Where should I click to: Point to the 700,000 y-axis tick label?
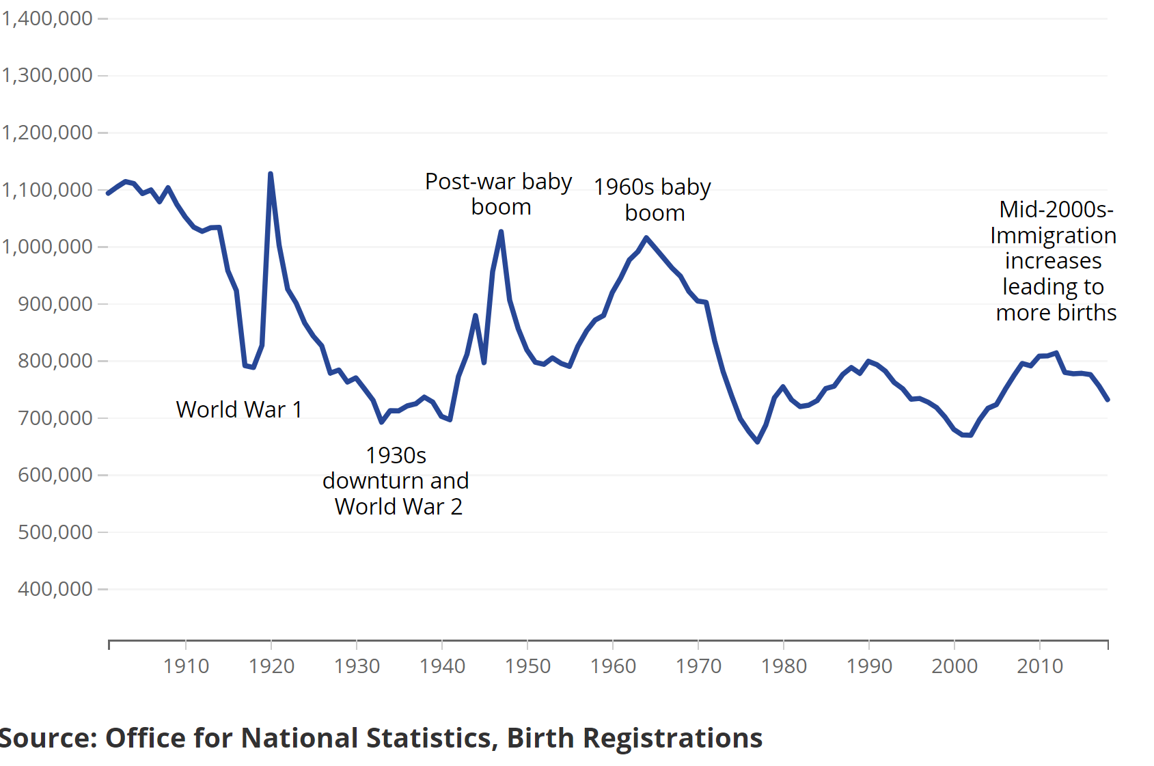[x=55, y=418]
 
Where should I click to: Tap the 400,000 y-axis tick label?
[x=55, y=588]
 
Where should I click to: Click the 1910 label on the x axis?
[x=186, y=666]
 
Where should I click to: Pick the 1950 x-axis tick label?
[x=527, y=666]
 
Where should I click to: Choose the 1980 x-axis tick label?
[x=784, y=666]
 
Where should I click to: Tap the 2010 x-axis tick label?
[x=1040, y=666]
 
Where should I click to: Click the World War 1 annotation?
[x=238, y=409]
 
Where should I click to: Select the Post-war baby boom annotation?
[x=499, y=194]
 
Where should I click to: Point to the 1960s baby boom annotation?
[x=652, y=200]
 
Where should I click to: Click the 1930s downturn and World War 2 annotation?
[x=396, y=481]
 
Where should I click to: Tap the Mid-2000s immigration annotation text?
[x=1054, y=261]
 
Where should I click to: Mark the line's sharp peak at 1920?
[x=271, y=174]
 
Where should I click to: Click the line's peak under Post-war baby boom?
[x=501, y=232]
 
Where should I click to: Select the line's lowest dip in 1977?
[x=758, y=442]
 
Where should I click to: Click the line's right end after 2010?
[x=1108, y=400]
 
